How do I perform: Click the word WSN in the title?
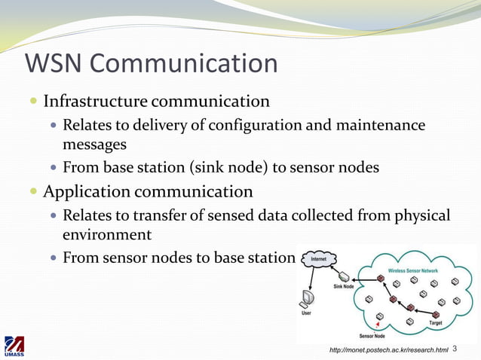[x=55, y=63]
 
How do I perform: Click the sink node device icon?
[x=345, y=276]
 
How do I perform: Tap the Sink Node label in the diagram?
[x=343, y=287]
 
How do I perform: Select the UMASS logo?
[x=14, y=346]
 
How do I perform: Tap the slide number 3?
[x=455, y=349]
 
